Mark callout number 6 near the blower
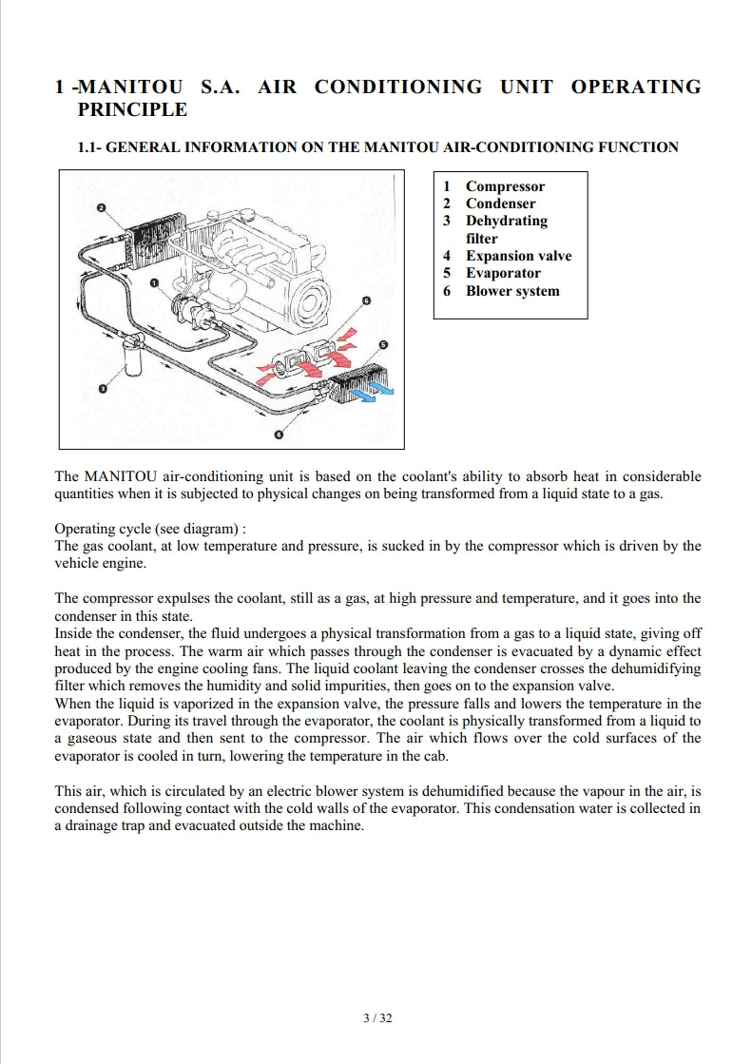click(x=365, y=301)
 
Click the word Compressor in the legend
click(x=505, y=186)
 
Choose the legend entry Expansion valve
click(x=518, y=256)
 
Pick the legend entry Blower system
click(x=512, y=291)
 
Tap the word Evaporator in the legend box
click(x=503, y=273)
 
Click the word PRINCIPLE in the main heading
click(x=131, y=109)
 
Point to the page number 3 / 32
click(x=377, y=1017)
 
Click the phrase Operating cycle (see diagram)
click(x=150, y=528)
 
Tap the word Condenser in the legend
click(x=500, y=203)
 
